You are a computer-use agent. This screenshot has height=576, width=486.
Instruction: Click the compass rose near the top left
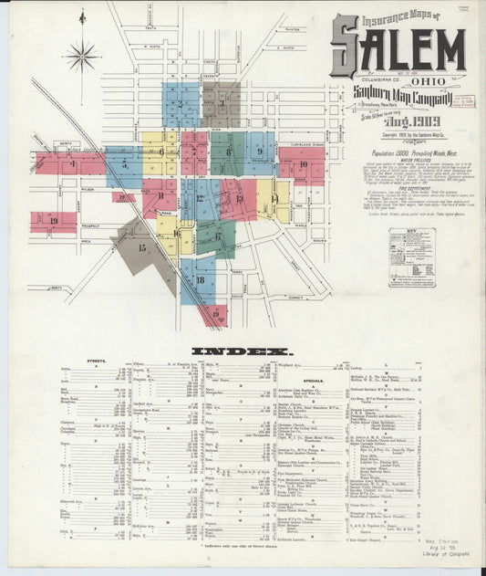(x=81, y=57)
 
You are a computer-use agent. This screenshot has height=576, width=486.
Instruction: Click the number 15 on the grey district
(x=141, y=247)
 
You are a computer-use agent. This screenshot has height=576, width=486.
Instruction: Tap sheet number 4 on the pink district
(x=73, y=165)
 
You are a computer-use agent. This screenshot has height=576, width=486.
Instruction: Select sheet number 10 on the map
(x=303, y=165)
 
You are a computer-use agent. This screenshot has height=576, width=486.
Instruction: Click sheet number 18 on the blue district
(x=199, y=279)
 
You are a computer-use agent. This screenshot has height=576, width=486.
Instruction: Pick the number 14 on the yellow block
(x=274, y=197)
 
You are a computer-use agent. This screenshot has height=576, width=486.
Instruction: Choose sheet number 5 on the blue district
(x=123, y=166)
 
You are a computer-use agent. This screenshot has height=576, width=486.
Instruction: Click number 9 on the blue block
(x=259, y=152)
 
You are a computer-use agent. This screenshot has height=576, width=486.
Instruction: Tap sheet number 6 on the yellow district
(x=161, y=152)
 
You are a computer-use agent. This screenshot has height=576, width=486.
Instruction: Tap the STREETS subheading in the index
(x=94, y=361)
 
